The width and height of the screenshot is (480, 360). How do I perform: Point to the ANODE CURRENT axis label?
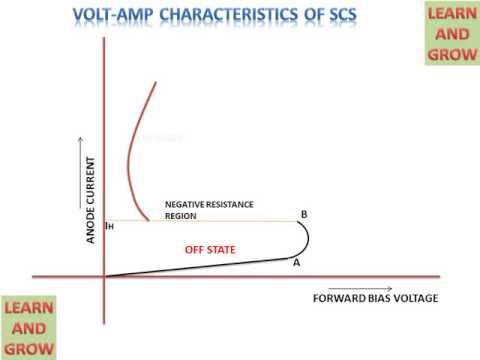(x=91, y=199)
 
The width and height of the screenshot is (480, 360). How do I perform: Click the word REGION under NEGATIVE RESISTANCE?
(x=182, y=215)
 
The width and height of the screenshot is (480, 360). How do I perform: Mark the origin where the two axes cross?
(x=103, y=276)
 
